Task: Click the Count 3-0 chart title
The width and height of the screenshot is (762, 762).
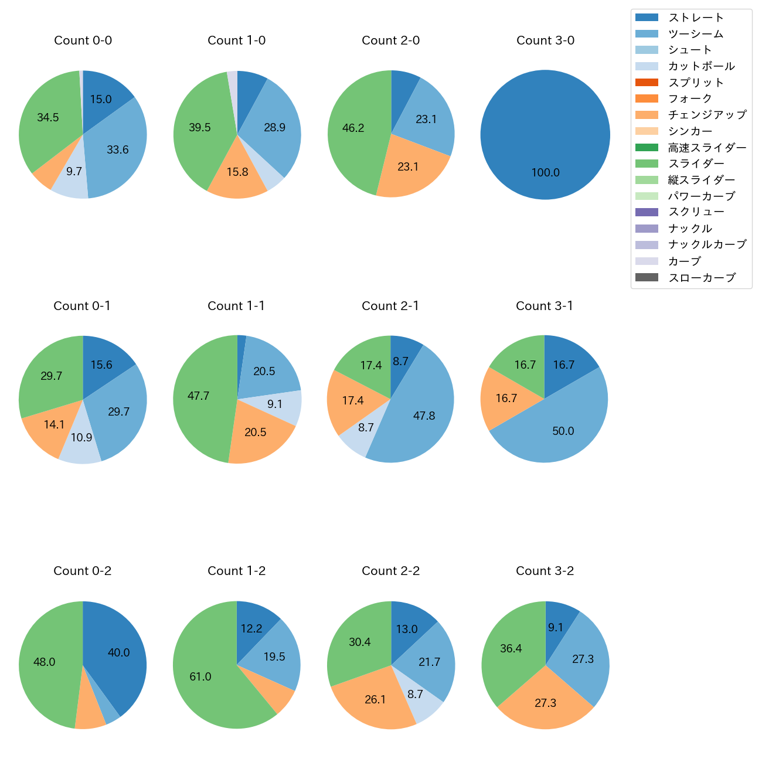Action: tap(545, 40)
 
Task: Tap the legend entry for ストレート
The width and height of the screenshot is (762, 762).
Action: tap(696, 18)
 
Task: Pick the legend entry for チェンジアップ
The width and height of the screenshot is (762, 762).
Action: tap(707, 115)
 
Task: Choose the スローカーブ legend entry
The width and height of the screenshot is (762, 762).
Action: tap(702, 278)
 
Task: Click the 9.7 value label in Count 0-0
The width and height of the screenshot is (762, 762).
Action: tap(74, 172)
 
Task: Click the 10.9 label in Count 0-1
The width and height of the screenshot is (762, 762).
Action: tap(81, 437)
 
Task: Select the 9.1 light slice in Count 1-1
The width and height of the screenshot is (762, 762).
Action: tap(275, 404)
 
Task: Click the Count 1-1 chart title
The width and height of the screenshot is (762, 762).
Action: tap(236, 306)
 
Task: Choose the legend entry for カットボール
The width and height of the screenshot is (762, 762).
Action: tap(701, 66)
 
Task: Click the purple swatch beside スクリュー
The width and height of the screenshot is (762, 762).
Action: tap(647, 212)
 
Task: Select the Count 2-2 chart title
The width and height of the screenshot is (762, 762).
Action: tap(391, 571)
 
